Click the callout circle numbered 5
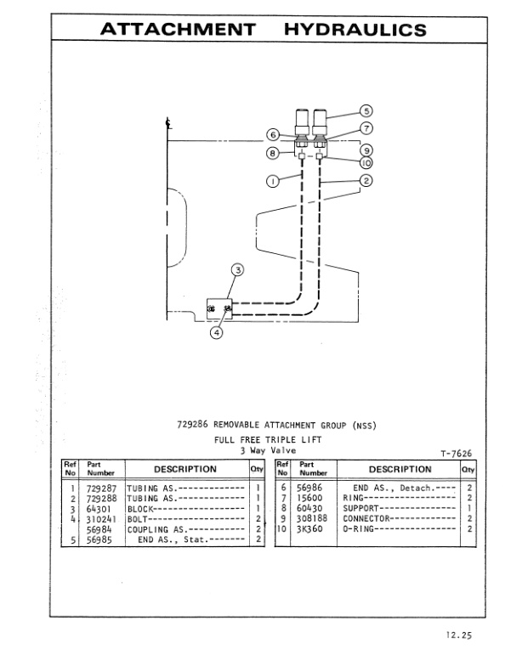tap(366, 110)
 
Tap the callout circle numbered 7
tap(366, 127)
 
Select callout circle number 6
tap(273, 134)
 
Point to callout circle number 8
tap(273, 154)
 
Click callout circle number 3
tap(238, 271)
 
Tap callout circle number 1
tap(272, 179)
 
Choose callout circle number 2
tap(366, 179)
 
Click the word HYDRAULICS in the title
tap(355, 31)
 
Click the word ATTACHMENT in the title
tap(179, 31)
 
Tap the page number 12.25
tap(457, 633)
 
